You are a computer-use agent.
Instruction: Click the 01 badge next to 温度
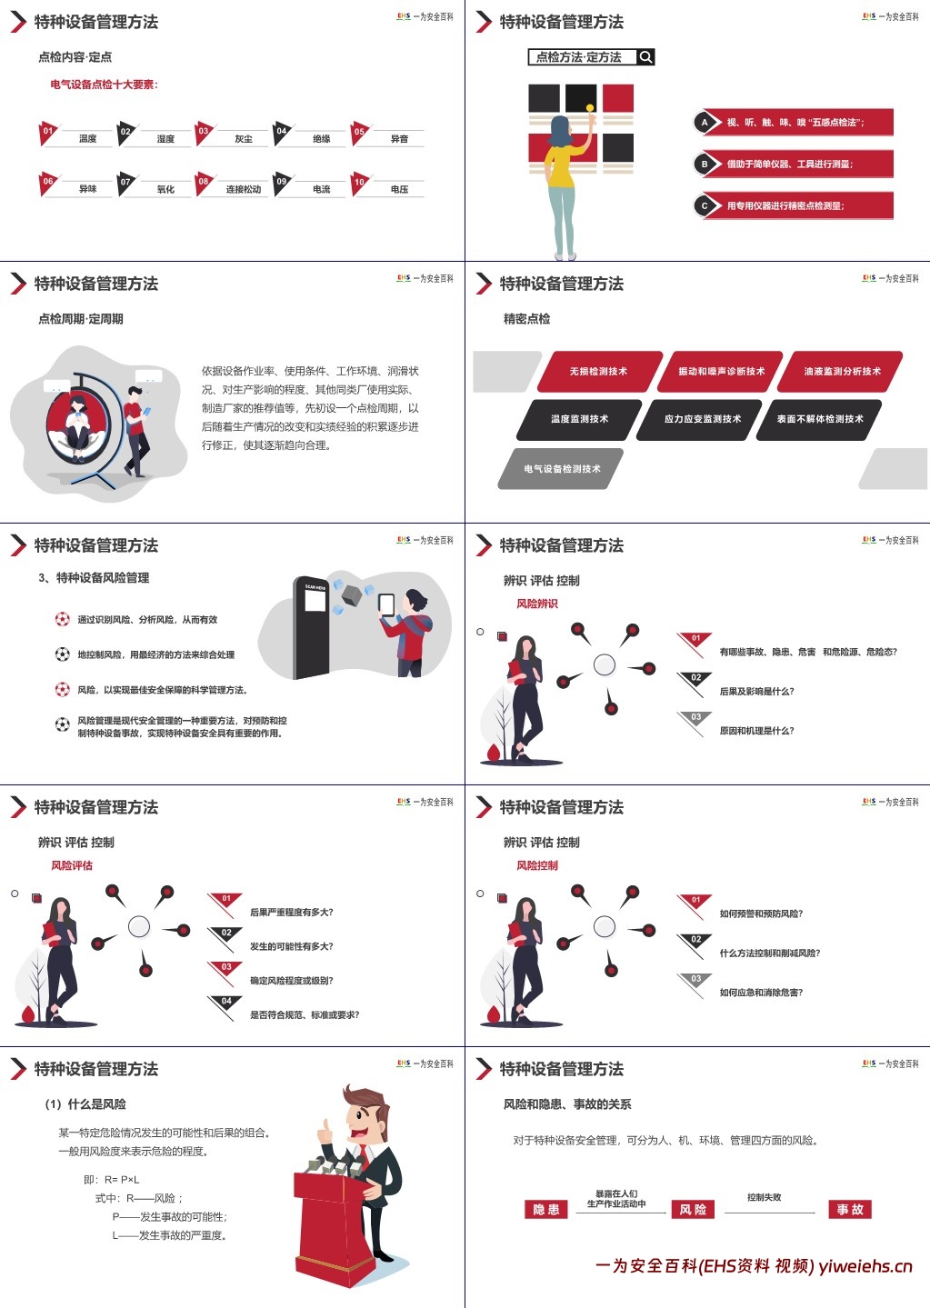(x=48, y=131)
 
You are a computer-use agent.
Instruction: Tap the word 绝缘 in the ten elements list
(x=321, y=139)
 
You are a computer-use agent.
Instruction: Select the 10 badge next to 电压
(x=360, y=182)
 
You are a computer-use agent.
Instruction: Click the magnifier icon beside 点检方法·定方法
(x=645, y=57)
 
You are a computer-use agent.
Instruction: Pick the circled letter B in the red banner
(x=705, y=164)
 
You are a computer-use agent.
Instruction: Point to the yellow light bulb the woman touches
(x=590, y=108)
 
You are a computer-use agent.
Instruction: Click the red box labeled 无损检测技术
(x=598, y=371)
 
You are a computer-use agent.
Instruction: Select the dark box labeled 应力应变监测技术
(x=702, y=419)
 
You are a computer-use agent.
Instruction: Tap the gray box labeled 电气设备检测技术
(x=562, y=469)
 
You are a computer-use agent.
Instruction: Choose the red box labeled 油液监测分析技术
(x=842, y=371)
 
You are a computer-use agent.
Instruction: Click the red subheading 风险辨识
(x=537, y=604)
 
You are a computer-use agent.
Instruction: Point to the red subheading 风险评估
(x=72, y=865)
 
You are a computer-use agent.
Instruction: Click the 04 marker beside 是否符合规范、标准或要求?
(x=226, y=1002)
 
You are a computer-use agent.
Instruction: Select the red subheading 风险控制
(x=537, y=865)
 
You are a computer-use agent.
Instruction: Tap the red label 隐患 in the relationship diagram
(x=546, y=1210)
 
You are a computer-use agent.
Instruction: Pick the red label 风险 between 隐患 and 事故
(x=693, y=1210)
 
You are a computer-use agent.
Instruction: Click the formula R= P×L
(x=123, y=1179)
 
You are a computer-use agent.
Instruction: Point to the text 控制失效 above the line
(x=764, y=1197)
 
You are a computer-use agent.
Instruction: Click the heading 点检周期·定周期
(x=81, y=319)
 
